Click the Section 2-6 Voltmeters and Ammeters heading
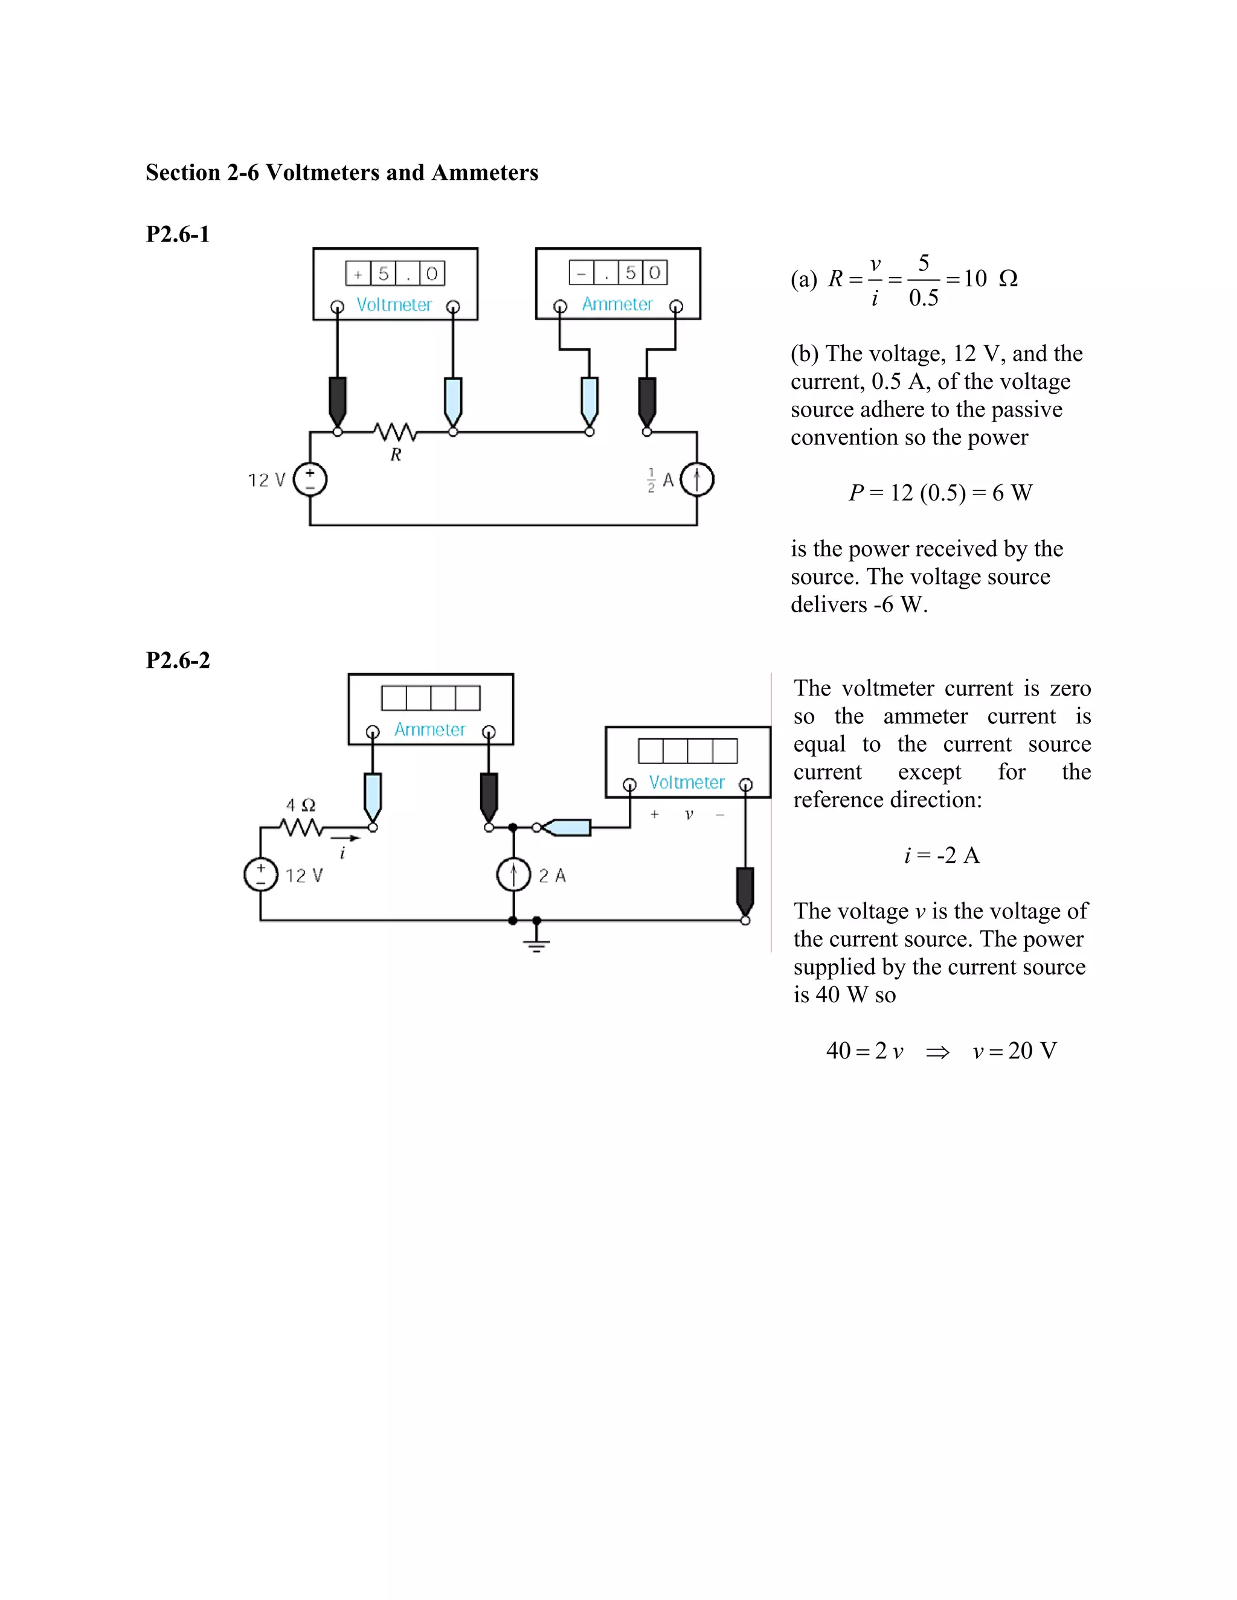coord(341,173)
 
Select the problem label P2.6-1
coord(178,234)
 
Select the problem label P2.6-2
coord(178,660)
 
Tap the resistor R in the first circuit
coord(395,432)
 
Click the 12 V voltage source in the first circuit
coord(310,480)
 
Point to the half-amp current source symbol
coord(696,480)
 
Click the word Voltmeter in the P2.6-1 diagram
coord(394,305)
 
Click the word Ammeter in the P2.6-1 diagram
coord(617,304)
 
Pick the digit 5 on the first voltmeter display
coord(384,274)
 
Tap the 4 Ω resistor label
coord(300,805)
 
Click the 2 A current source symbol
coord(513,874)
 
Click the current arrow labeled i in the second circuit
coord(345,838)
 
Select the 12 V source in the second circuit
coord(261,875)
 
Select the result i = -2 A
coord(942,856)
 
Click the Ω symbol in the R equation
coord(1008,279)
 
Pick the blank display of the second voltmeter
coord(687,751)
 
